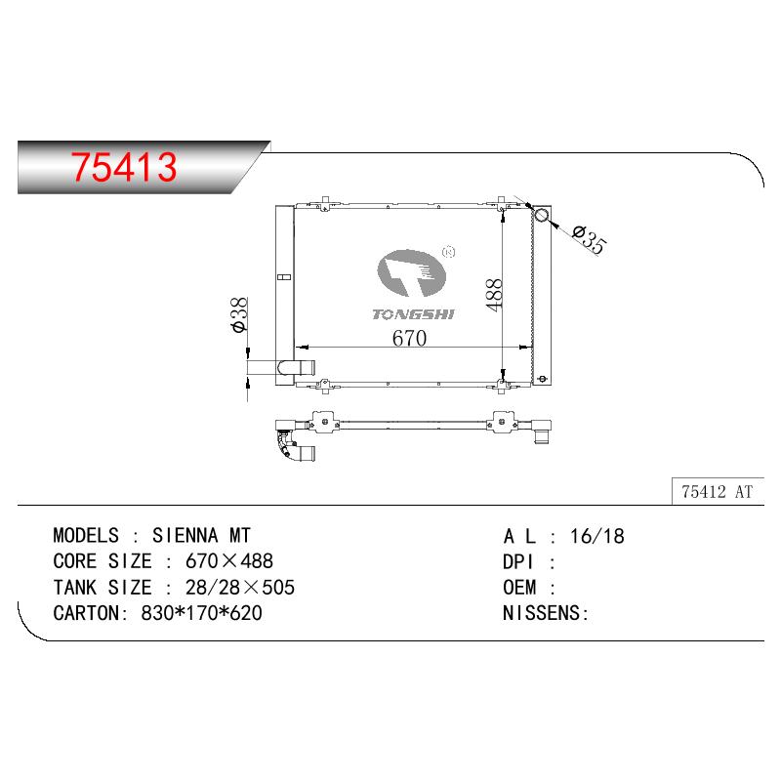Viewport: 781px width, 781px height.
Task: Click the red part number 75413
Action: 124,166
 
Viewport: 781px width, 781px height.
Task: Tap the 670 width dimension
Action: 409,338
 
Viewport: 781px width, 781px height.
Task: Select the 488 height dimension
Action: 494,295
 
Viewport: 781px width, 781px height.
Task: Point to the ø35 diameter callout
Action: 590,240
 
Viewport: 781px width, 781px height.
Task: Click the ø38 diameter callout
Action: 239,314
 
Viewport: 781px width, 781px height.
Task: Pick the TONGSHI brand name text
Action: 413,314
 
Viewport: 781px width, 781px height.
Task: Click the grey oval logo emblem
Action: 411,273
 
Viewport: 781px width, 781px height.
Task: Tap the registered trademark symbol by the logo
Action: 449,252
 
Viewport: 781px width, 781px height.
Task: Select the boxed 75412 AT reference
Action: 718,492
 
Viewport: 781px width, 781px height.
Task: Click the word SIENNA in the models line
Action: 185,535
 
